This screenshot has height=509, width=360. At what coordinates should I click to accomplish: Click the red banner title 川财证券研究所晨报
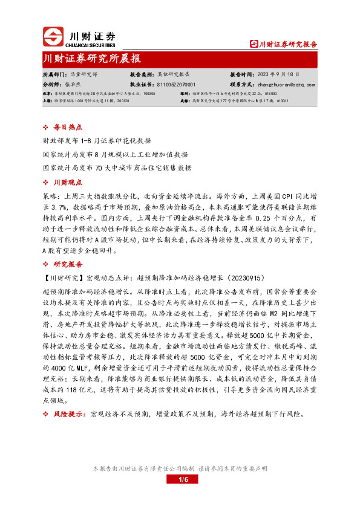92,59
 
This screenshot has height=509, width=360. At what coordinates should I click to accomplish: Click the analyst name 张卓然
73,85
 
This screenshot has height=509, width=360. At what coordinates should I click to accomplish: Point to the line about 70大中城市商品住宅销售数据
117,167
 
